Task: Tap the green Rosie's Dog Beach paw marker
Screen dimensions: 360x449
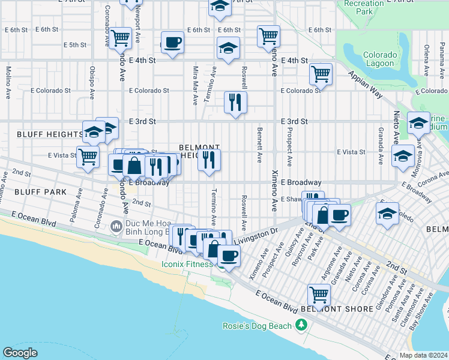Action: click(302, 326)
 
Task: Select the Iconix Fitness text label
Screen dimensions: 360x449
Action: click(187, 264)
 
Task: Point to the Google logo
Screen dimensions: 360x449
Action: click(20, 353)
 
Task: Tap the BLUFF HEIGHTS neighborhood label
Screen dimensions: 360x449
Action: click(40, 134)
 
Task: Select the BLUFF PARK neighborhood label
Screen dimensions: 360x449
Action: click(23, 190)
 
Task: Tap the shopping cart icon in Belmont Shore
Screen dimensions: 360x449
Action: click(319, 294)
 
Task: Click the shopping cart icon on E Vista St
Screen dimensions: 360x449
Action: click(88, 156)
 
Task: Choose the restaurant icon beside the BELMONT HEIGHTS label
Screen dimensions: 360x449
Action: click(209, 160)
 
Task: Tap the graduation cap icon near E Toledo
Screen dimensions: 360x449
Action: click(388, 213)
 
